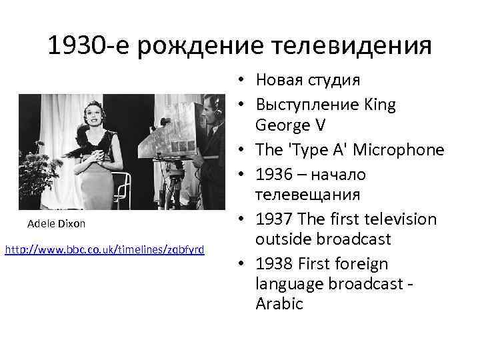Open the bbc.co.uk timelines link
pyautogui.click(x=105, y=249)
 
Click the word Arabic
pyautogui.click(x=279, y=304)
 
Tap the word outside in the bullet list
pyautogui.click(x=281, y=239)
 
